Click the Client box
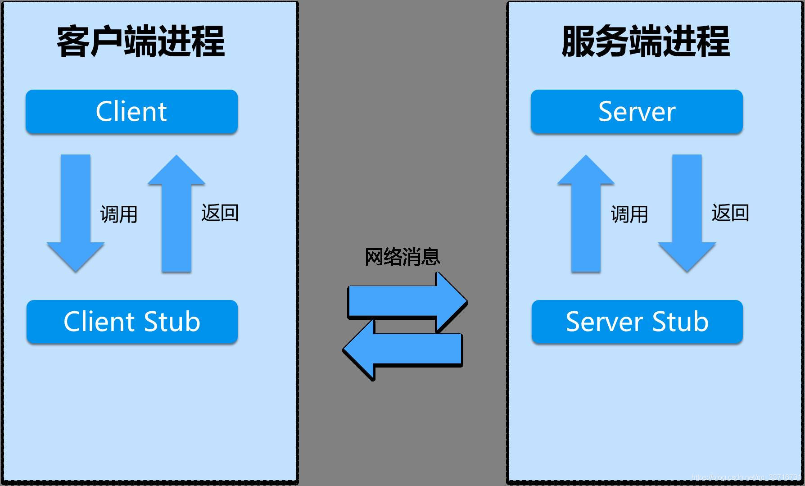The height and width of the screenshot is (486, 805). [x=131, y=111]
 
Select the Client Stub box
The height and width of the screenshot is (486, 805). [x=131, y=322]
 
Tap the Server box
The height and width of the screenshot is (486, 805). [x=637, y=111]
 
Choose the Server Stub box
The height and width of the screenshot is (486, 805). [x=637, y=322]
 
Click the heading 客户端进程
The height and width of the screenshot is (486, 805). [x=140, y=41]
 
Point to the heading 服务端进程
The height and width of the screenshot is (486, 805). [x=646, y=41]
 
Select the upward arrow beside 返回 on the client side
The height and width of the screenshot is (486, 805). [x=176, y=216]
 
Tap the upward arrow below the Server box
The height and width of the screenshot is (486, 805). [x=586, y=216]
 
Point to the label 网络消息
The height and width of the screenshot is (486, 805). [x=402, y=257]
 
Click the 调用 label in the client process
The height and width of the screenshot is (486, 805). [x=119, y=214]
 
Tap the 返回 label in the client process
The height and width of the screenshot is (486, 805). [x=220, y=213]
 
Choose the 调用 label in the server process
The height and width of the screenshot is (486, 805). [x=629, y=214]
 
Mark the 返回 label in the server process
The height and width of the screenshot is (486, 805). [x=730, y=213]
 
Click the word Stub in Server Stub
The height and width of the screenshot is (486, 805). [x=680, y=322]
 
